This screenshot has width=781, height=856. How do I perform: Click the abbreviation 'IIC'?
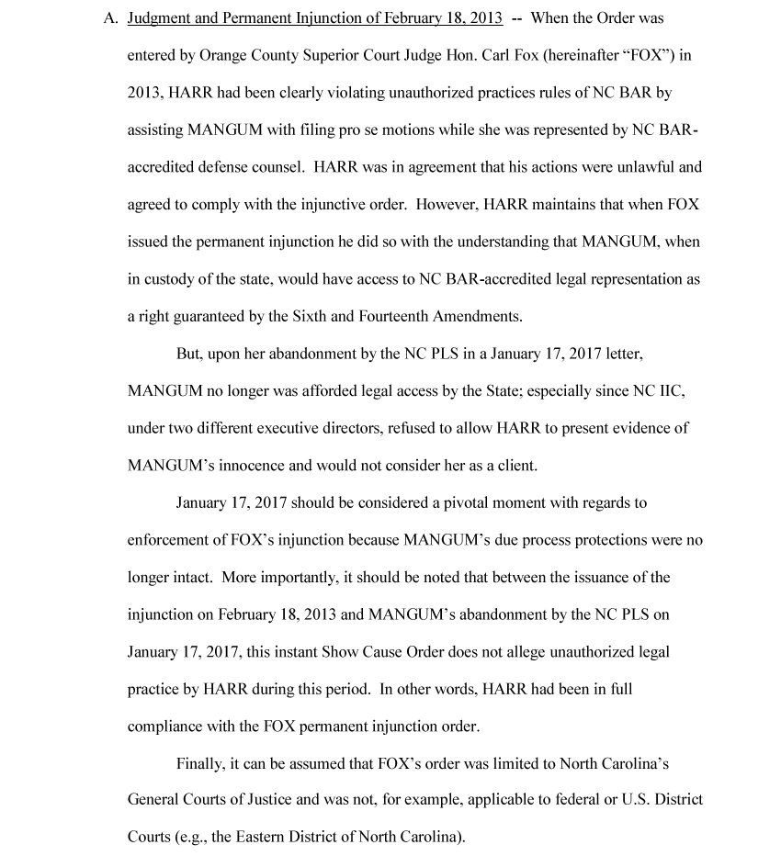tap(671, 391)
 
